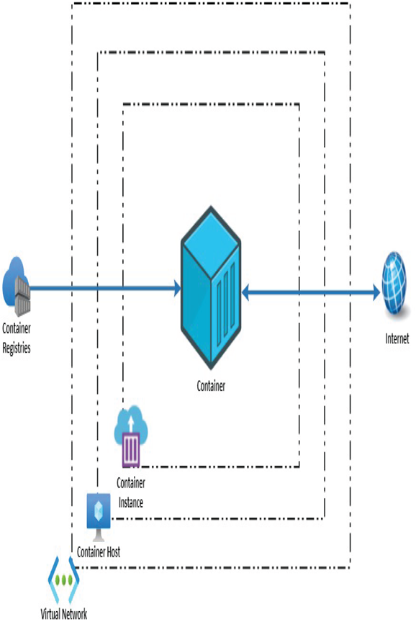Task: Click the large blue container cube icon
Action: click(211, 287)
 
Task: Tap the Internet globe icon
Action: click(394, 283)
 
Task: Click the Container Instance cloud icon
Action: click(131, 436)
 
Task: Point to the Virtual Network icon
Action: click(64, 580)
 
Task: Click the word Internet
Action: click(397, 338)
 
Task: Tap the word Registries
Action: click(17, 348)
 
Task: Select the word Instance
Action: click(131, 502)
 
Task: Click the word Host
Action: click(112, 551)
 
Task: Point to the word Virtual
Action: click(51, 613)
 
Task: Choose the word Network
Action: click(76, 613)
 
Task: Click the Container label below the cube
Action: click(211, 386)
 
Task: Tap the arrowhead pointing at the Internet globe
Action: click(375, 293)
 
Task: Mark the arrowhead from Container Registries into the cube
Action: click(177, 288)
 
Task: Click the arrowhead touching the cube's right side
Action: click(246, 293)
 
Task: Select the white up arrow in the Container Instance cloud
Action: click(131, 423)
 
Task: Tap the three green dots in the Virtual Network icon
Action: click(64, 580)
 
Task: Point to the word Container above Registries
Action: click(17, 328)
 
